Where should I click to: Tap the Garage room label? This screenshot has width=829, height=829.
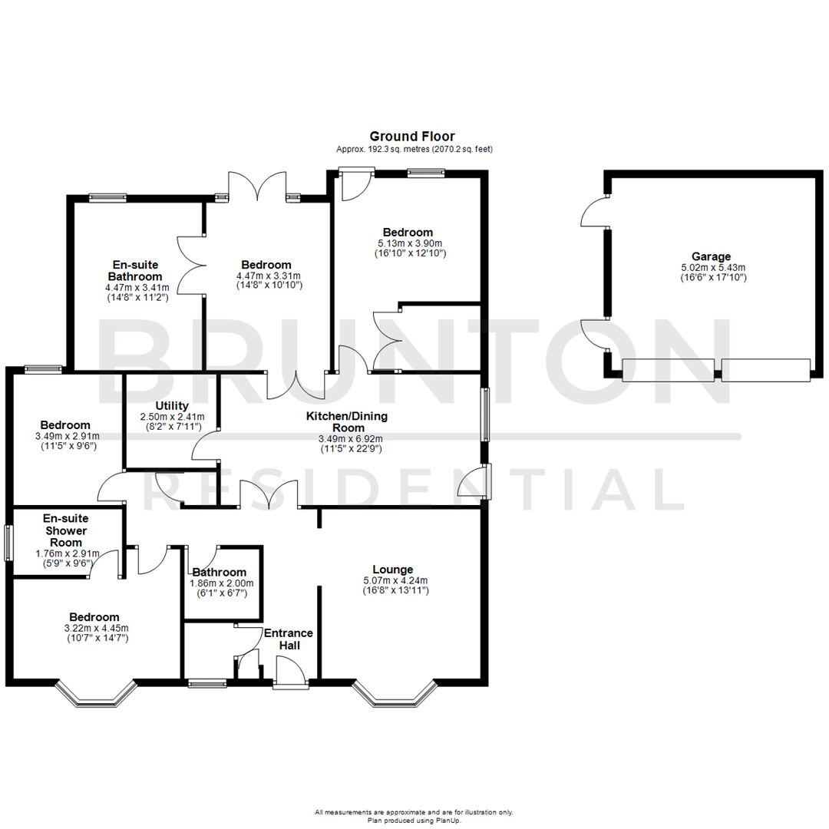711,257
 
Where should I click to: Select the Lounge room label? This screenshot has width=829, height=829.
395,570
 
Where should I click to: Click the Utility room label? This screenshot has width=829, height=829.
172,406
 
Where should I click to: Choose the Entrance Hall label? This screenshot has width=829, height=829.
288,639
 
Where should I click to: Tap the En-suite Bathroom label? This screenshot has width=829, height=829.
135,270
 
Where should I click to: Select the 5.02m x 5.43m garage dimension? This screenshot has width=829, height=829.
711,268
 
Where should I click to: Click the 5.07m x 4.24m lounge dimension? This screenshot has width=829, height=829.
395,580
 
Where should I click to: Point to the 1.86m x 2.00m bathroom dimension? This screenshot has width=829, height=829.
221,583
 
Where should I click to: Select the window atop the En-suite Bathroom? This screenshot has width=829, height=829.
107,197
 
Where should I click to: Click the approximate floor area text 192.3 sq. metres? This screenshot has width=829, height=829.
414,149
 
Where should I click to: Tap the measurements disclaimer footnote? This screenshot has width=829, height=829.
414,812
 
